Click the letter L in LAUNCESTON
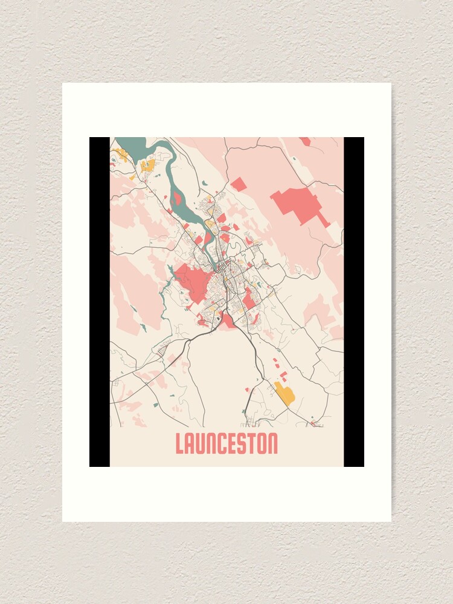[180, 444]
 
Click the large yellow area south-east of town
[284, 393]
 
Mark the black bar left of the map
[100, 302]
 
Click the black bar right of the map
[354, 302]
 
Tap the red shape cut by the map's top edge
[306, 141]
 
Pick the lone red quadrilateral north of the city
[239, 184]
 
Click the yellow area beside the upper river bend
[147, 164]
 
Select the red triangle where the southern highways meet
[228, 321]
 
